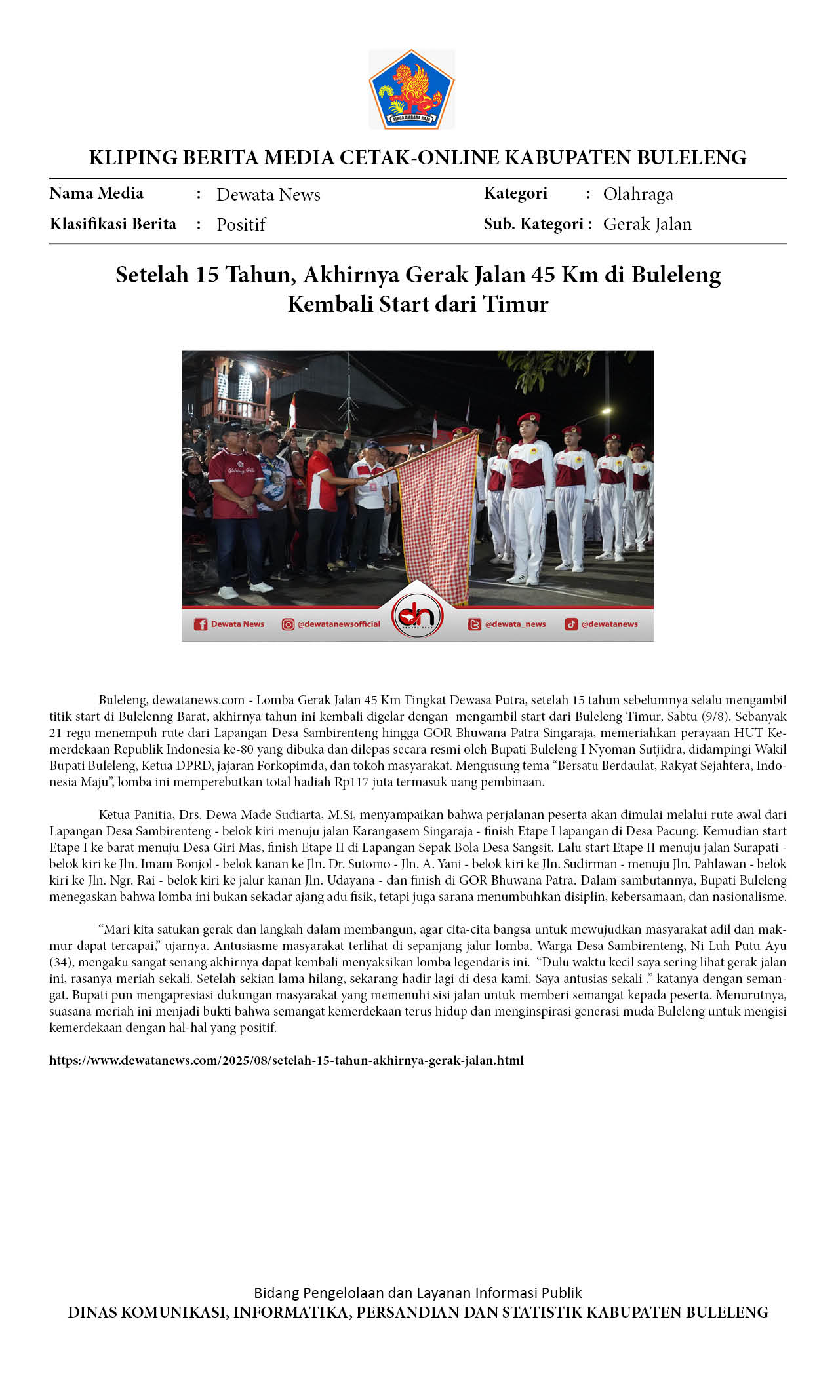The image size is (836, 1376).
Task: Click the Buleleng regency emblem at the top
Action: [411, 88]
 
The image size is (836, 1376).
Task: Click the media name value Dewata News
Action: [268, 195]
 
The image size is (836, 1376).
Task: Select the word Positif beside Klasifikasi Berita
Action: [241, 225]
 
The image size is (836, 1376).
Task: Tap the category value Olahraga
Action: [637, 194]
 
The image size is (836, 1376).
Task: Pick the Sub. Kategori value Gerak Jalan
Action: [647, 224]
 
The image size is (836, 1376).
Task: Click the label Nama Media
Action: [96, 193]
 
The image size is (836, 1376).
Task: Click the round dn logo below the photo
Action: [417, 616]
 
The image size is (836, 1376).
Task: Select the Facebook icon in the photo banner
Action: [201, 624]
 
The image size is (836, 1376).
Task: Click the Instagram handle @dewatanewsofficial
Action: [338, 624]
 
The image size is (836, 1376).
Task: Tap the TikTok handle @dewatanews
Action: [609, 624]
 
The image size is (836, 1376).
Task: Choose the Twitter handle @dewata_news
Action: [515, 624]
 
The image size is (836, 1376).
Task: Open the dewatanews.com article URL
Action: [286, 1060]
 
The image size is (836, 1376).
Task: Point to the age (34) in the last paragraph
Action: [60, 962]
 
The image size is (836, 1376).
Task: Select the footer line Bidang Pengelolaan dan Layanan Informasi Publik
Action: [418, 1293]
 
